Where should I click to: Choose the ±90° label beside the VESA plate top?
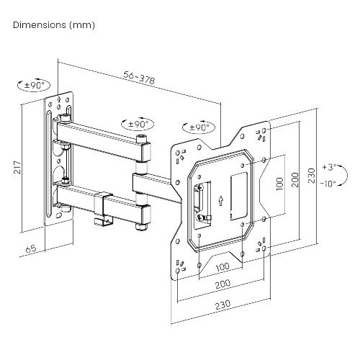coord(198,127)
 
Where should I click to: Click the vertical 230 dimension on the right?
coord(311,175)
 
